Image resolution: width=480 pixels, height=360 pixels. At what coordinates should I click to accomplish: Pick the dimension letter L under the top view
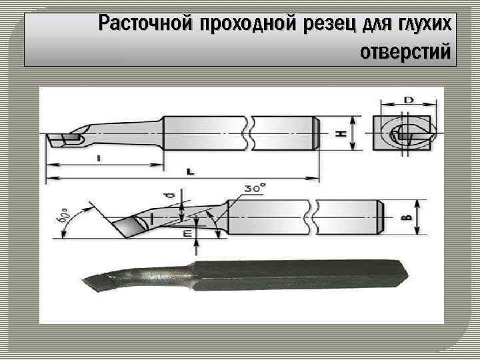point(191,171)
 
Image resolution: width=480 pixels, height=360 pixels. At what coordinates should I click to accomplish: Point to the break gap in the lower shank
point(310,217)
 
